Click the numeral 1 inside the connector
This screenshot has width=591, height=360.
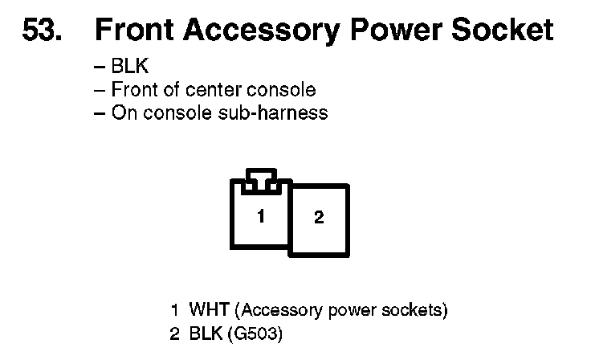260,215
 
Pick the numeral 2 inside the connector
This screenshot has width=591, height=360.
319,218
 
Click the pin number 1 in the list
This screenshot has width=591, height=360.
174,309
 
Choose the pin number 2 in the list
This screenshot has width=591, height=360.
174,333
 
